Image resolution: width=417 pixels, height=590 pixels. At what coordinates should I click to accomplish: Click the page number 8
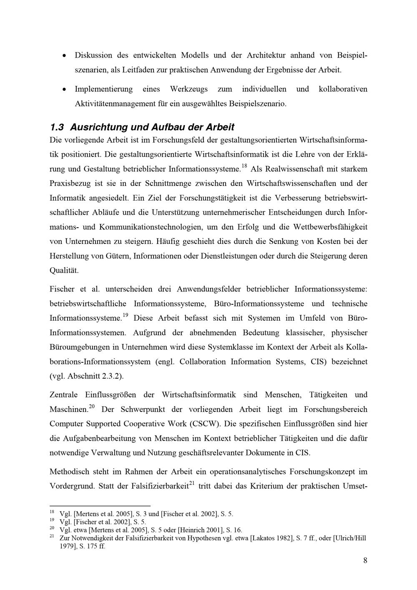pos(365,560)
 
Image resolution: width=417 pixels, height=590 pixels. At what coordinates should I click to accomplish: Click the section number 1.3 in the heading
pos(57,127)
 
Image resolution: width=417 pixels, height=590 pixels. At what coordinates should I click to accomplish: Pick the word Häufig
pos(167,241)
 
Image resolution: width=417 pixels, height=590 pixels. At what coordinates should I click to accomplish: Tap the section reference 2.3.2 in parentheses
pos(111,376)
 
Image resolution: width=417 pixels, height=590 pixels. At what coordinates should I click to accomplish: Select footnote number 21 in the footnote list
pos(52,536)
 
